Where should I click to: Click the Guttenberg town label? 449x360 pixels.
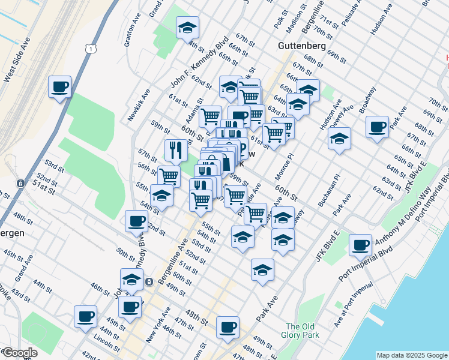pos(302,46)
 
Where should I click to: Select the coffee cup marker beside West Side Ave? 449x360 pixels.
pos(60,87)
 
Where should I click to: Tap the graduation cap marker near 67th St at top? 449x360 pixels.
pos(187,28)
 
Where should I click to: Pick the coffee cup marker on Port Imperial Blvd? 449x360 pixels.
pos(360,245)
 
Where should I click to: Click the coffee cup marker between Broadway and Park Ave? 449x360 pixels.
pos(378,127)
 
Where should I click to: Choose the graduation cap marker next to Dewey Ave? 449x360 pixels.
pos(339,139)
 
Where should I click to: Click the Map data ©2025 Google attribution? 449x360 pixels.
pos(411,355)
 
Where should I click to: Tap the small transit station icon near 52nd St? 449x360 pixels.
pos(20,183)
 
